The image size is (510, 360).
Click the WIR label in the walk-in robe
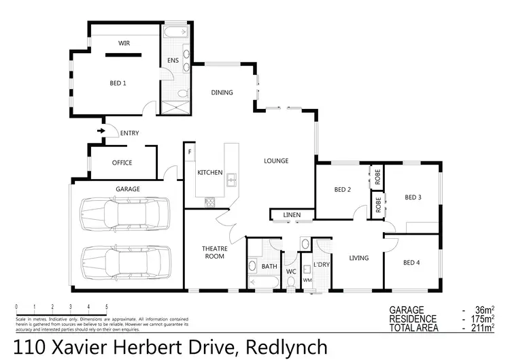pyautogui.click(x=124, y=43)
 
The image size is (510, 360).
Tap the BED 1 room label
pyautogui.click(x=118, y=83)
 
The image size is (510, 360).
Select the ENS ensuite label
pyautogui.click(x=173, y=61)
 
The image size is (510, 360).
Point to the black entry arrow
pyautogui.click(x=101, y=131)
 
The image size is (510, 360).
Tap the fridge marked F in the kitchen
pyautogui.click(x=190, y=151)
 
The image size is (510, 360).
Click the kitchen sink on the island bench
pyautogui.click(x=232, y=180)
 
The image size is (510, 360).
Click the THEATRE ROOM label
pyautogui.click(x=214, y=252)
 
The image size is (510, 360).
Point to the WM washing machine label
pyautogui.click(x=307, y=280)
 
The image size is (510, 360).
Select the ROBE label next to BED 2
pyautogui.click(x=377, y=176)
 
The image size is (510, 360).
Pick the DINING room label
pyautogui.click(x=222, y=93)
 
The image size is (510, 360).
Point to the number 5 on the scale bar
pyautogui.click(x=107, y=307)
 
